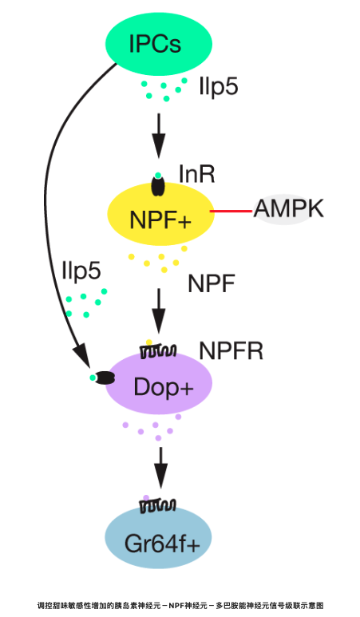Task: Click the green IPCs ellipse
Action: point(159,44)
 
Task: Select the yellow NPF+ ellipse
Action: point(161,215)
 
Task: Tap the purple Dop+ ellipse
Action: point(158,383)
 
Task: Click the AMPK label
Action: point(288,208)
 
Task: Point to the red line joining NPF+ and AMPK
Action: point(231,212)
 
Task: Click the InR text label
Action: point(196,174)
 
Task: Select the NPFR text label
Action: point(231,350)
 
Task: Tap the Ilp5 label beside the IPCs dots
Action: point(219,86)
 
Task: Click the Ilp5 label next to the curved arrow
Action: point(81,271)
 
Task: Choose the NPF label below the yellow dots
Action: point(212,283)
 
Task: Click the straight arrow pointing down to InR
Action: point(159,136)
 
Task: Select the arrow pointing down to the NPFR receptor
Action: point(159,310)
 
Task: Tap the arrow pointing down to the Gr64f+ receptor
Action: point(160,468)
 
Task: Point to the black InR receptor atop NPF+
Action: point(158,186)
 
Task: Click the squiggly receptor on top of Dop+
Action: point(158,351)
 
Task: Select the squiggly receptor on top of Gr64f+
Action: point(158,505)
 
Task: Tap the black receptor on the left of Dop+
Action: point(105,378)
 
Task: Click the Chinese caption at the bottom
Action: point(180,606)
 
